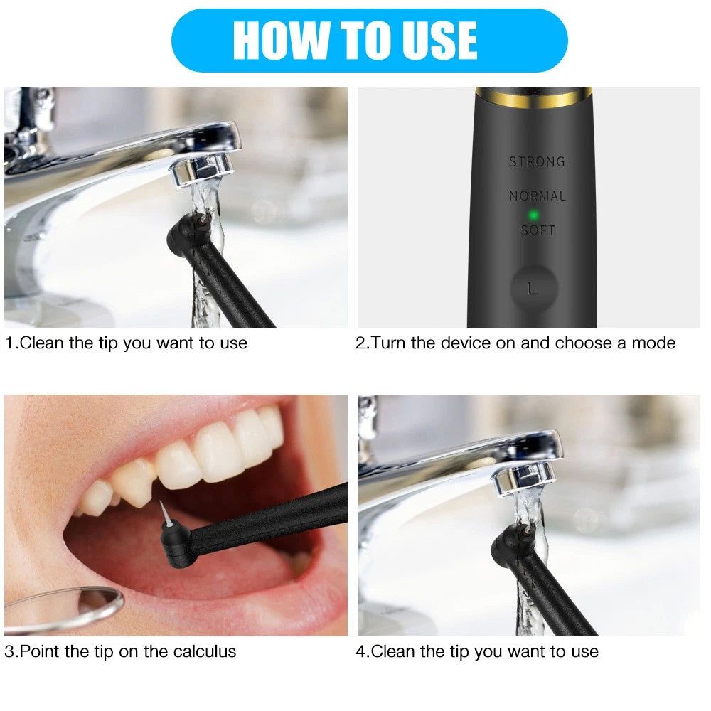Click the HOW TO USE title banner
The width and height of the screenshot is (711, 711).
coord(369,41)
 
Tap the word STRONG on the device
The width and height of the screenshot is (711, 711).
coord(538,162)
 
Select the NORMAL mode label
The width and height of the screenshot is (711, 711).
coord(538,196)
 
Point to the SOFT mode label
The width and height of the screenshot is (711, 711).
coord(538,230)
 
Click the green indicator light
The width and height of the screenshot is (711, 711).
coord(534,215)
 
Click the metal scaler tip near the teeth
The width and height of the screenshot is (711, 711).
coord(166,514)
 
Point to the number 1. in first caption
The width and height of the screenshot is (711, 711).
coord(12,343)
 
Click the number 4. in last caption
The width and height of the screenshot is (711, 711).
coord(363,651)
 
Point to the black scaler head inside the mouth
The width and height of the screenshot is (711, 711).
coord(177,544)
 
